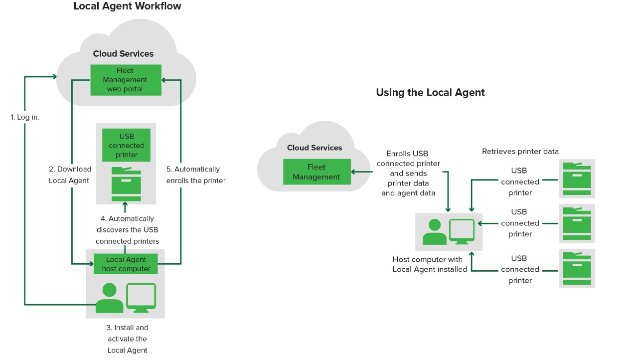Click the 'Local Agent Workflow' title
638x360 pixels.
pyautogui.click(x=127, y=6)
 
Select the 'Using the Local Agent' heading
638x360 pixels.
pyautogui.click(x=430, y=92)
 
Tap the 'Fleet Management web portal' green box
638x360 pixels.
pyautogui.click(x=126, y=80)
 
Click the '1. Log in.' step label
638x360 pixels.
pyautogui.click(x=25, y=117)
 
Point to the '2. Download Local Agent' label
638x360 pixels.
pyautogui.click(x=70, y=175)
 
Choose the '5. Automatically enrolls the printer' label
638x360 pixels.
pyautogui.click(x=196, y=175)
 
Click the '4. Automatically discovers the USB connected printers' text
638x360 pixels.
pyautogui.click(x=127, y=230)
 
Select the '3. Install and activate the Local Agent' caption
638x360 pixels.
pyautogui.click(x=128, y=339)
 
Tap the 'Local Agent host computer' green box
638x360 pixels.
pyautogui.click(x=126, y=264)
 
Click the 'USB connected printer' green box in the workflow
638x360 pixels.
pyautogui.click(x=126, y=146)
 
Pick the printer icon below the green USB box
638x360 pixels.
pyautogui.click(x=126, y=184)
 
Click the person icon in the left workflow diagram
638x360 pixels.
pyautogui.click(x=109, y=299)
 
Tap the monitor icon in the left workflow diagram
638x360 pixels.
pyautogui.click(x=141, y=298)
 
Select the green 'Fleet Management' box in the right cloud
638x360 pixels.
pyautogui.click(x=317, y=172)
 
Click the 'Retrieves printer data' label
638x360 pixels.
pyautogui.click(x=520, y=152)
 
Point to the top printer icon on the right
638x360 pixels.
pyautogui.click(x=577, y=179)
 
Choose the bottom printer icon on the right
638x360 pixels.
pyautogui.click(x=577, y=268)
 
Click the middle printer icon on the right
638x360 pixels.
pyautogui.click(x=577, y=223)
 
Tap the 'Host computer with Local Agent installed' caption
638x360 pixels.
pyautogui.click(x=430, y=264)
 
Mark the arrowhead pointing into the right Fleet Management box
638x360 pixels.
pyautogui.click(x=354, y=172)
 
